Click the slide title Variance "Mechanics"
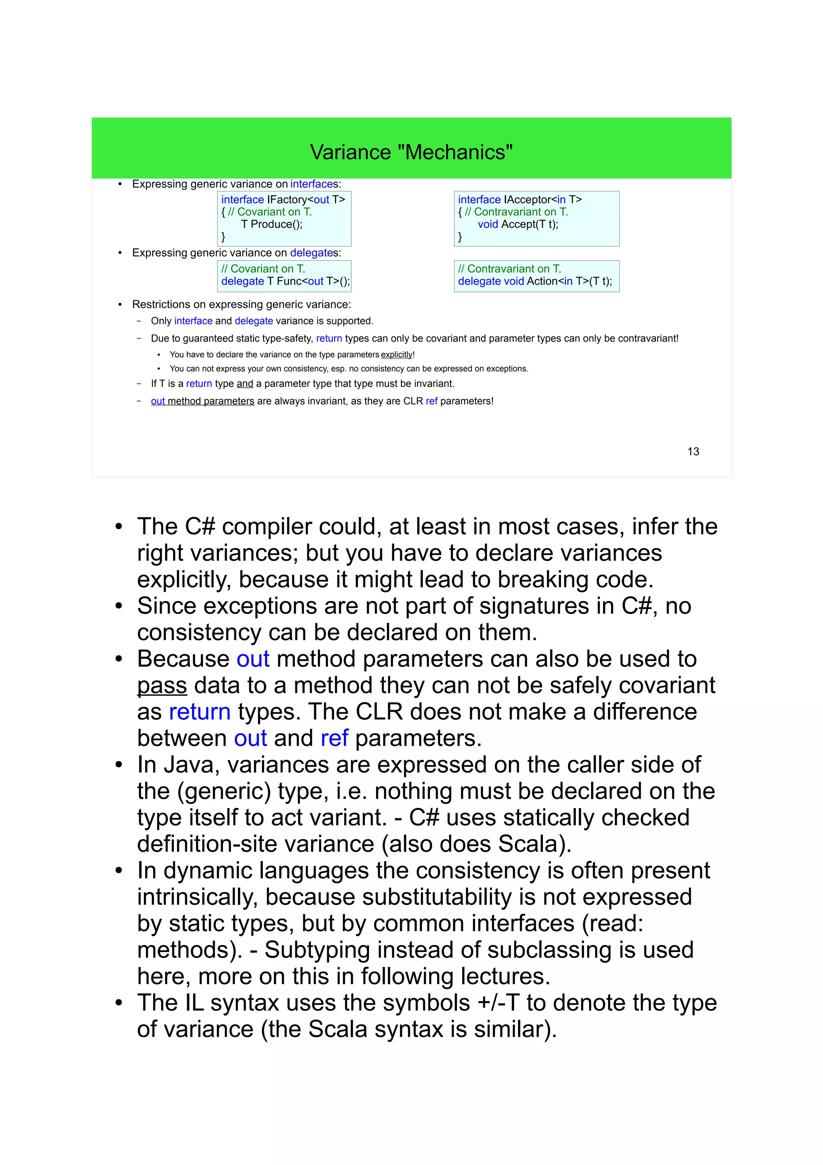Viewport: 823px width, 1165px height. (411, 152)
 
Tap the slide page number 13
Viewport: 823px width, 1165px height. (693, 451)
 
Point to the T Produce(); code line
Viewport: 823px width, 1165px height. (271, 224)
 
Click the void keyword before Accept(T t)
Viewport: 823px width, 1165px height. (488, 224)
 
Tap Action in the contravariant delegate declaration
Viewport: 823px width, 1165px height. (542, 281)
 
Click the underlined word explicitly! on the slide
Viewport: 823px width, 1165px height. (397, 355)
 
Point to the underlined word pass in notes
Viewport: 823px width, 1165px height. (162, 685)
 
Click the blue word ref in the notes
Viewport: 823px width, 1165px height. (334, 738)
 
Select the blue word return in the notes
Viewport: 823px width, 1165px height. (199, 712)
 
